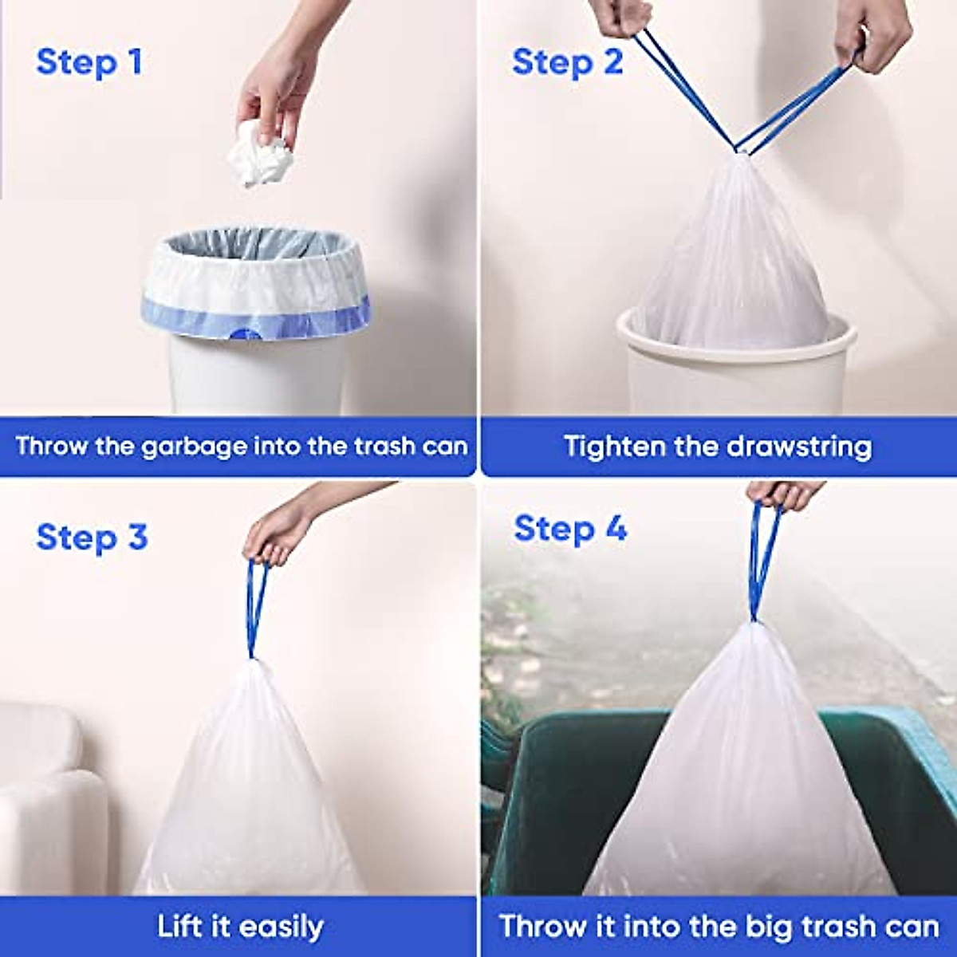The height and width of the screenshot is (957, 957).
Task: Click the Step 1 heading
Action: point(89,62)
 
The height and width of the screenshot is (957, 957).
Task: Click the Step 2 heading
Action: point(567,62)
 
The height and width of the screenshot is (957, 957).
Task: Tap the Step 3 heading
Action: point(92,537)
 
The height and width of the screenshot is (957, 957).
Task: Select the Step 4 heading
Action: point(570,528)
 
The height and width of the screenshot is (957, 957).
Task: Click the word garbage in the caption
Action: point(194,446)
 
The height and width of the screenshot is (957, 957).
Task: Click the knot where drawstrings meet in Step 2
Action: point(742,150)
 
